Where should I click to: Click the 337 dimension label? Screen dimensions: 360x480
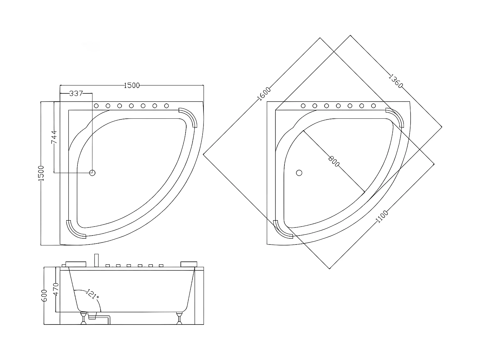coord(76,93)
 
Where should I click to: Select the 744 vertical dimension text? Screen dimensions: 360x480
coord(55,137)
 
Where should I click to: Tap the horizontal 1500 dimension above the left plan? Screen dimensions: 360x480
coord(132,85)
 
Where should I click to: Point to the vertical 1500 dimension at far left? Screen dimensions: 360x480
coord(41,173)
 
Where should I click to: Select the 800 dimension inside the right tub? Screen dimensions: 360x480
coord(334,160)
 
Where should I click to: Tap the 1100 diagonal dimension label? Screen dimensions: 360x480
coord(381,216)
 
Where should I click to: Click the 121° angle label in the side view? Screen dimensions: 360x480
coord(92,294)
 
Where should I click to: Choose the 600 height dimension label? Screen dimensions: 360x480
coord(44,295)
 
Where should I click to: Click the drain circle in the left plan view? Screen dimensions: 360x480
coord(92,173)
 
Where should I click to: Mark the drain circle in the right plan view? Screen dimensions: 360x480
coord(299,173)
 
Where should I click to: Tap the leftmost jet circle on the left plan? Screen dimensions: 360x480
coord(96,106)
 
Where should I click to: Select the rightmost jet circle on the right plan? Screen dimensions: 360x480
coord(373,106)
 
